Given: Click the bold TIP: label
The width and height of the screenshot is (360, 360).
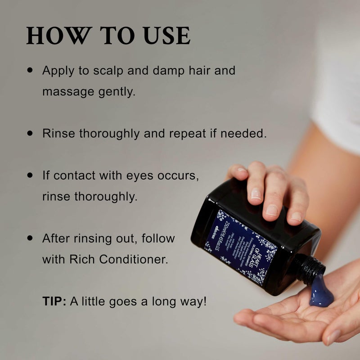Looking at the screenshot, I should (54, 301).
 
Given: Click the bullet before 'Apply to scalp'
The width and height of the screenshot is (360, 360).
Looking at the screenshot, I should (30, 70).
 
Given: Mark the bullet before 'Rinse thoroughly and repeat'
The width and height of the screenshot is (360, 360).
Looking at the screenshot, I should (30, 133).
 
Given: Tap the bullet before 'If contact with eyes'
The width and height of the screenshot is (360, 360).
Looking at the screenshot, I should (30, 175).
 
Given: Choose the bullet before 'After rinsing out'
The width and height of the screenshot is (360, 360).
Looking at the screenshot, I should (30, 238).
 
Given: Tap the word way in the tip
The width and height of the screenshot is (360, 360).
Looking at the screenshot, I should (191, 301).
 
